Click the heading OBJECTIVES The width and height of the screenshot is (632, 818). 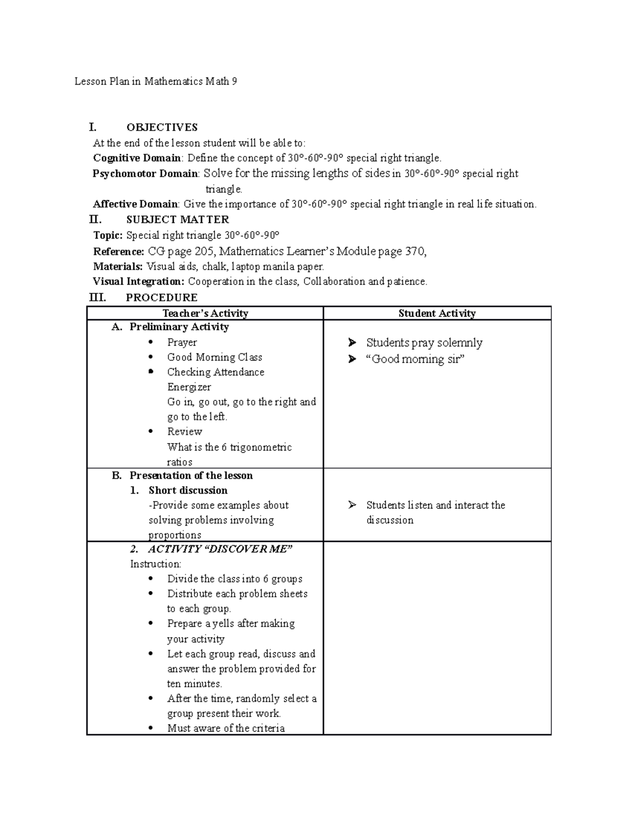(162, 127)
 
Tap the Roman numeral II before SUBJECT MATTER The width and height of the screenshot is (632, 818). (95, 220)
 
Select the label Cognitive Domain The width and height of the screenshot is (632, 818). (137, 158)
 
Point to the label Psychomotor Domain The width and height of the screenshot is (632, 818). (145, 174)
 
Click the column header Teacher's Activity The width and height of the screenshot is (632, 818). (205, 313)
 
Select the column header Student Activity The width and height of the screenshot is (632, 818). (437, 313)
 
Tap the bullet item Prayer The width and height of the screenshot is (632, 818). (182, 342)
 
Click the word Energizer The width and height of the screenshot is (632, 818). (189, 387)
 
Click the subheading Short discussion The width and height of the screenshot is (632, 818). (188, 490)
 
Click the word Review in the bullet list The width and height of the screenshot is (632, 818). (184, 431)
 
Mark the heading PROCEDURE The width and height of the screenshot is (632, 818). (162, 298)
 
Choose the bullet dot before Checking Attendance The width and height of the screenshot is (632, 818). (151, 372)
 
